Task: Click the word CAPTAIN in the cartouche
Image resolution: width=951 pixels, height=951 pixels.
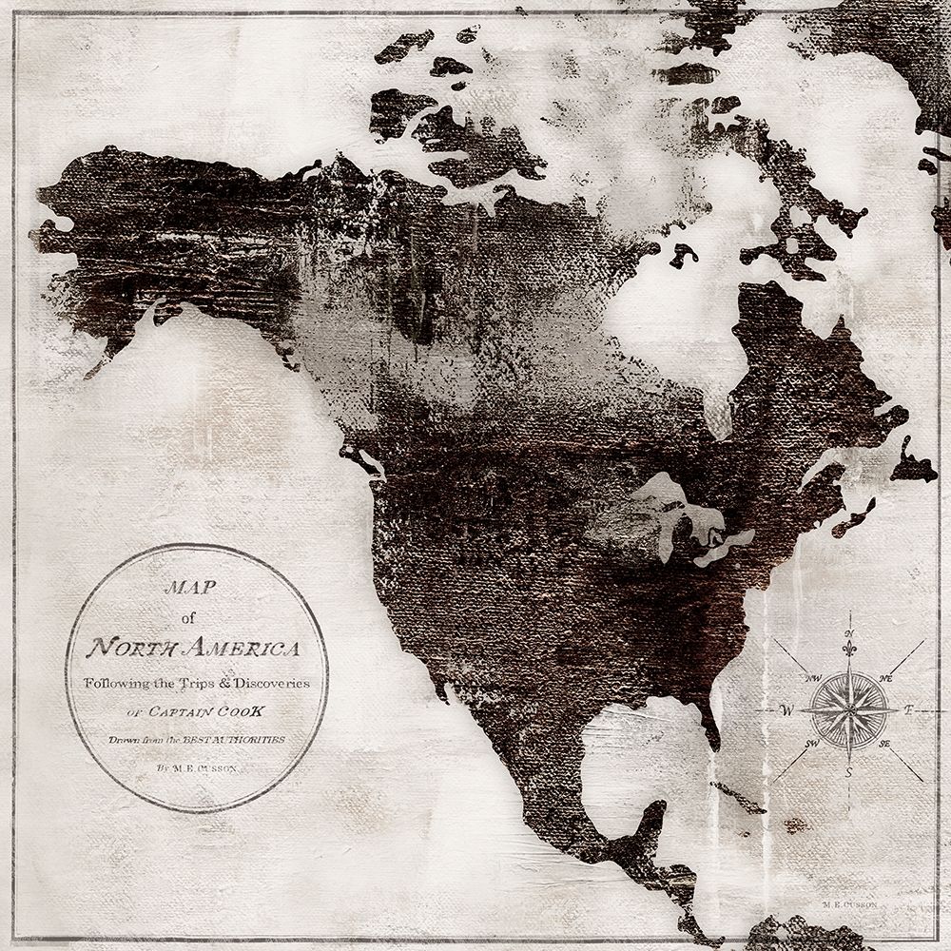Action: point(179,710)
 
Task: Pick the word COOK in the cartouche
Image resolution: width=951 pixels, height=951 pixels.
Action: point(244,710)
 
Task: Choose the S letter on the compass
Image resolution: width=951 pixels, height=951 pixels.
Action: point(849,772)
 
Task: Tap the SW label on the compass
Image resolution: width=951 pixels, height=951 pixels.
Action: point(814,743)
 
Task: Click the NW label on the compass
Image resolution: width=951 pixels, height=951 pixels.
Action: point(813,678)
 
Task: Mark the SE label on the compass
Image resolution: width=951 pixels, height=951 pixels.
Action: point(884,743)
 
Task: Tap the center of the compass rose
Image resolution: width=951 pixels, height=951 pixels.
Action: point(849,709)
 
